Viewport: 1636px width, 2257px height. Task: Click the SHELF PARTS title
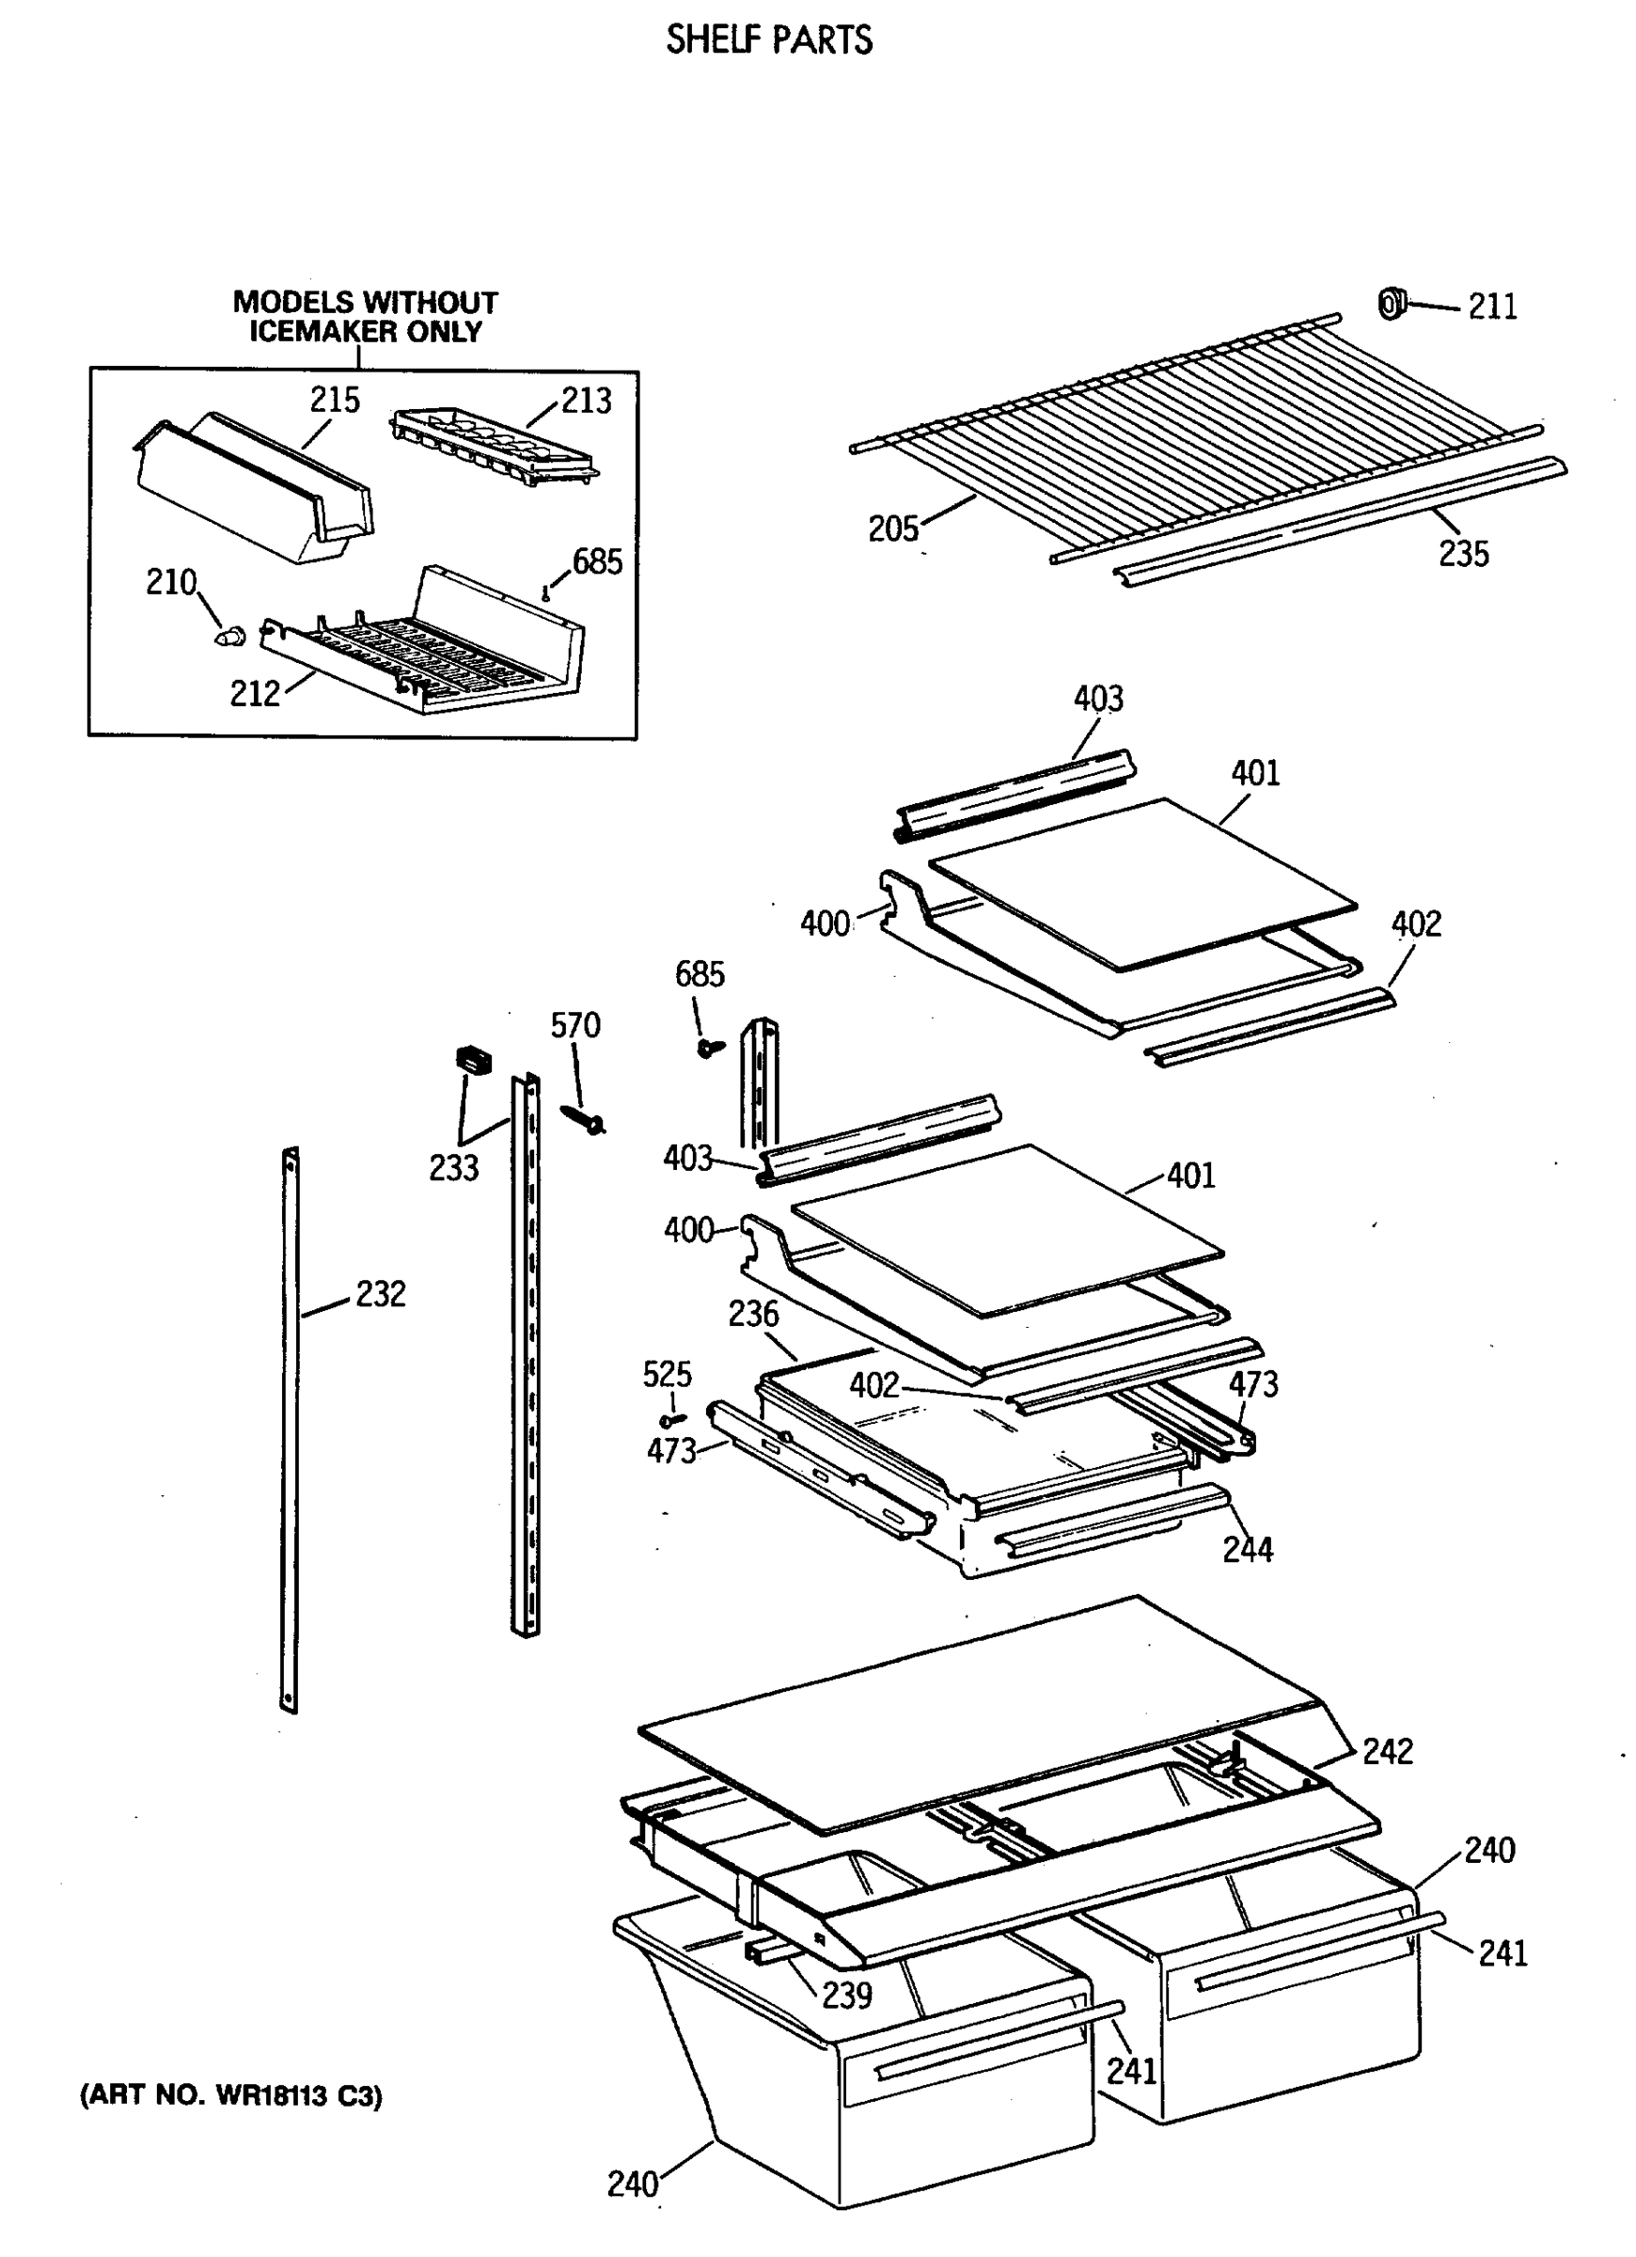[x=768, y=39]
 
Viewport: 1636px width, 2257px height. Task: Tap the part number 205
[x=892, y=529]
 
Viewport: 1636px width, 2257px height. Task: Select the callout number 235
[x=1463, y=553]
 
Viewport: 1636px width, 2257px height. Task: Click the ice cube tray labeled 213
[x=493, y=449]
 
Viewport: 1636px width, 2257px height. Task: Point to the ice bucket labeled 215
[x=254, y=488]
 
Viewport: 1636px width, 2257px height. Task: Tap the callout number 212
[x=255, y=694]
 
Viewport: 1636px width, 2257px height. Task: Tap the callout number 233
[x=454, y=1167]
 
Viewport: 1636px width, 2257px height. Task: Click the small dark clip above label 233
[x=474, y=1059]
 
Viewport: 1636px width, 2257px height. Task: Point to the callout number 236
[x=753, y=1314]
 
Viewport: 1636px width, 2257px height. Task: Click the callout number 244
[x=1247, y=1549]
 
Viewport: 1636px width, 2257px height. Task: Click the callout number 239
[x=847, y=1995]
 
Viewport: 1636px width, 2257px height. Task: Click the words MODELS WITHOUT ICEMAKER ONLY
[x=365, y=317]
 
